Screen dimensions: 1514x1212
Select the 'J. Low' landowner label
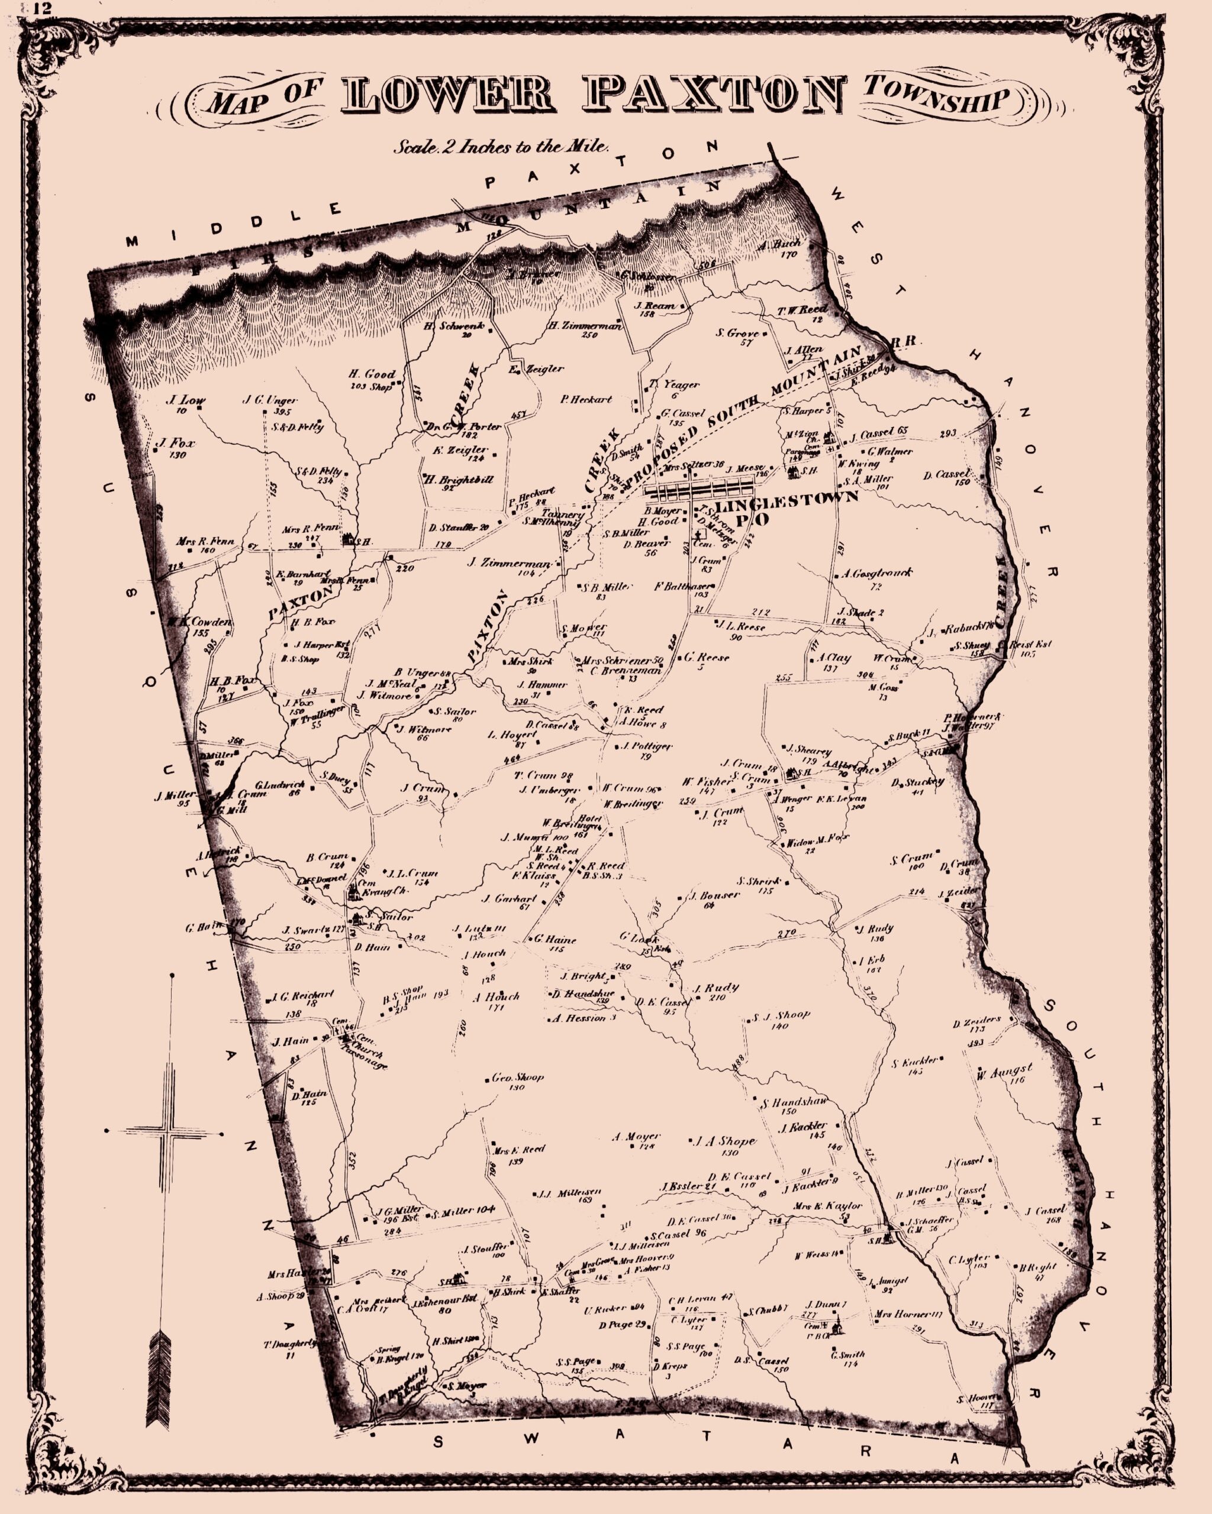[180, 401]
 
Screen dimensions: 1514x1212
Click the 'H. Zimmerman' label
[585, 326]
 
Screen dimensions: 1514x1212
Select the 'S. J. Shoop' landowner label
[781, 1015]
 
